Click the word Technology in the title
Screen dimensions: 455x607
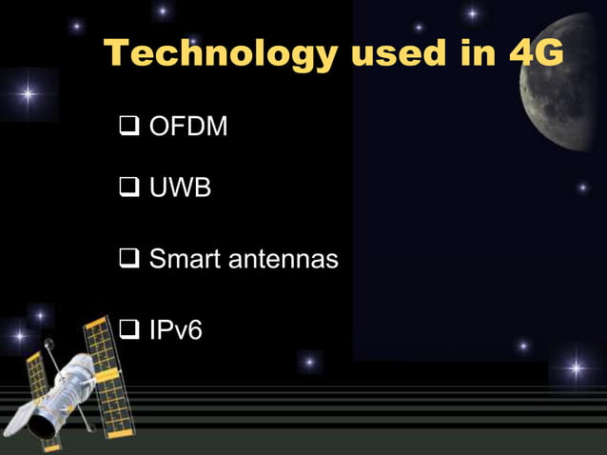tap(218, 54)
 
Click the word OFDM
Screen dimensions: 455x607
tap(188, 127)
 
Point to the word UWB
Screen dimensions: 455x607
tap(180, 188)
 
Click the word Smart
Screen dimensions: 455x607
tap(186, 258)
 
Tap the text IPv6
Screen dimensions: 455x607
tap(175, 330)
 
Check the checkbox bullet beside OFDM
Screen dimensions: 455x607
tap(128, 128)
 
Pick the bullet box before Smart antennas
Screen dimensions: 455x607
tap(128, 259)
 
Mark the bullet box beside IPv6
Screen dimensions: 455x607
tap(128, 331)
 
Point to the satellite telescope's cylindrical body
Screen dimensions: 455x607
tap(62, 395)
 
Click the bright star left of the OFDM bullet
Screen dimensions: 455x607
tap(29, 94)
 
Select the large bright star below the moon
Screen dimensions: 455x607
tap(575, 366)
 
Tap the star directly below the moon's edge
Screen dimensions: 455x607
tap(582, 188)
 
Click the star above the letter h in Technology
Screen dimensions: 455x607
tap(163, 11)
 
